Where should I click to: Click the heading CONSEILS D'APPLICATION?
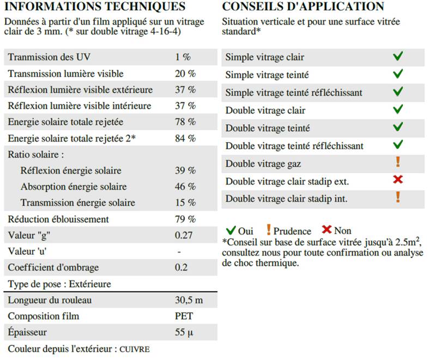[303, 7]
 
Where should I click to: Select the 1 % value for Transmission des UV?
[183, 57]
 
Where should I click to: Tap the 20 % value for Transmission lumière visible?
[185, 74]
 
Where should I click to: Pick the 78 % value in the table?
[185, 122]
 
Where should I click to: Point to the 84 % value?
[185, 138]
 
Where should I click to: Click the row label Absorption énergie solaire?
[74, 187]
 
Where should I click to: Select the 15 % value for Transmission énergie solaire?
[185, 203]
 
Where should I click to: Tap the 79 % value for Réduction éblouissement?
[185, 219]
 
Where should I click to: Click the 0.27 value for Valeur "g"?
[184, 235]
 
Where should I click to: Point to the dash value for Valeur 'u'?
[179, 252]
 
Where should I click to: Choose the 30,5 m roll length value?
[189, 300]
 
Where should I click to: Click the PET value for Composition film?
[184, 316]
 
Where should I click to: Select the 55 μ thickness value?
[184, 332]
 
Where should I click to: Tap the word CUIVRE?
[135, 349]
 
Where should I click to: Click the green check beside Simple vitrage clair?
[398, 56]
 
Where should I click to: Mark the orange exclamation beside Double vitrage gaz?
[398, 162]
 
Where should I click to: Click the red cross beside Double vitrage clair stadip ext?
[398, 180]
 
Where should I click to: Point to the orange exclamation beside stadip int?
[398, 197]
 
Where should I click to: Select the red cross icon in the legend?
[327, 230]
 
